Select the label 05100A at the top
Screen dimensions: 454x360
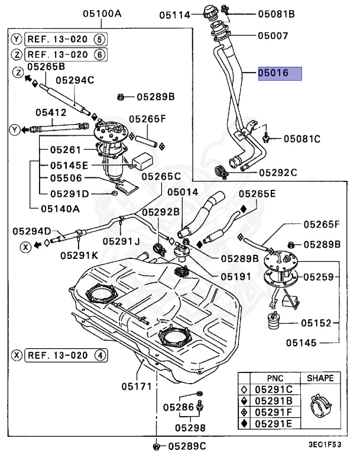(x=102, y=13)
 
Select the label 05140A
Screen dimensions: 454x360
(x=60, y=208)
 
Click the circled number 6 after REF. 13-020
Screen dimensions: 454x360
(x=100, y=53)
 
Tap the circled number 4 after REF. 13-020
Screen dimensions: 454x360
(x=100, y=355)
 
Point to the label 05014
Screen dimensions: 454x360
(x=183, y=192)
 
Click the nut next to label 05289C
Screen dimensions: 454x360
(x=155, y=446)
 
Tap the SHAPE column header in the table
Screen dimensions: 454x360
(x=320, y=378)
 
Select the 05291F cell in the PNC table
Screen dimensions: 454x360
(x=274, y=411)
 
